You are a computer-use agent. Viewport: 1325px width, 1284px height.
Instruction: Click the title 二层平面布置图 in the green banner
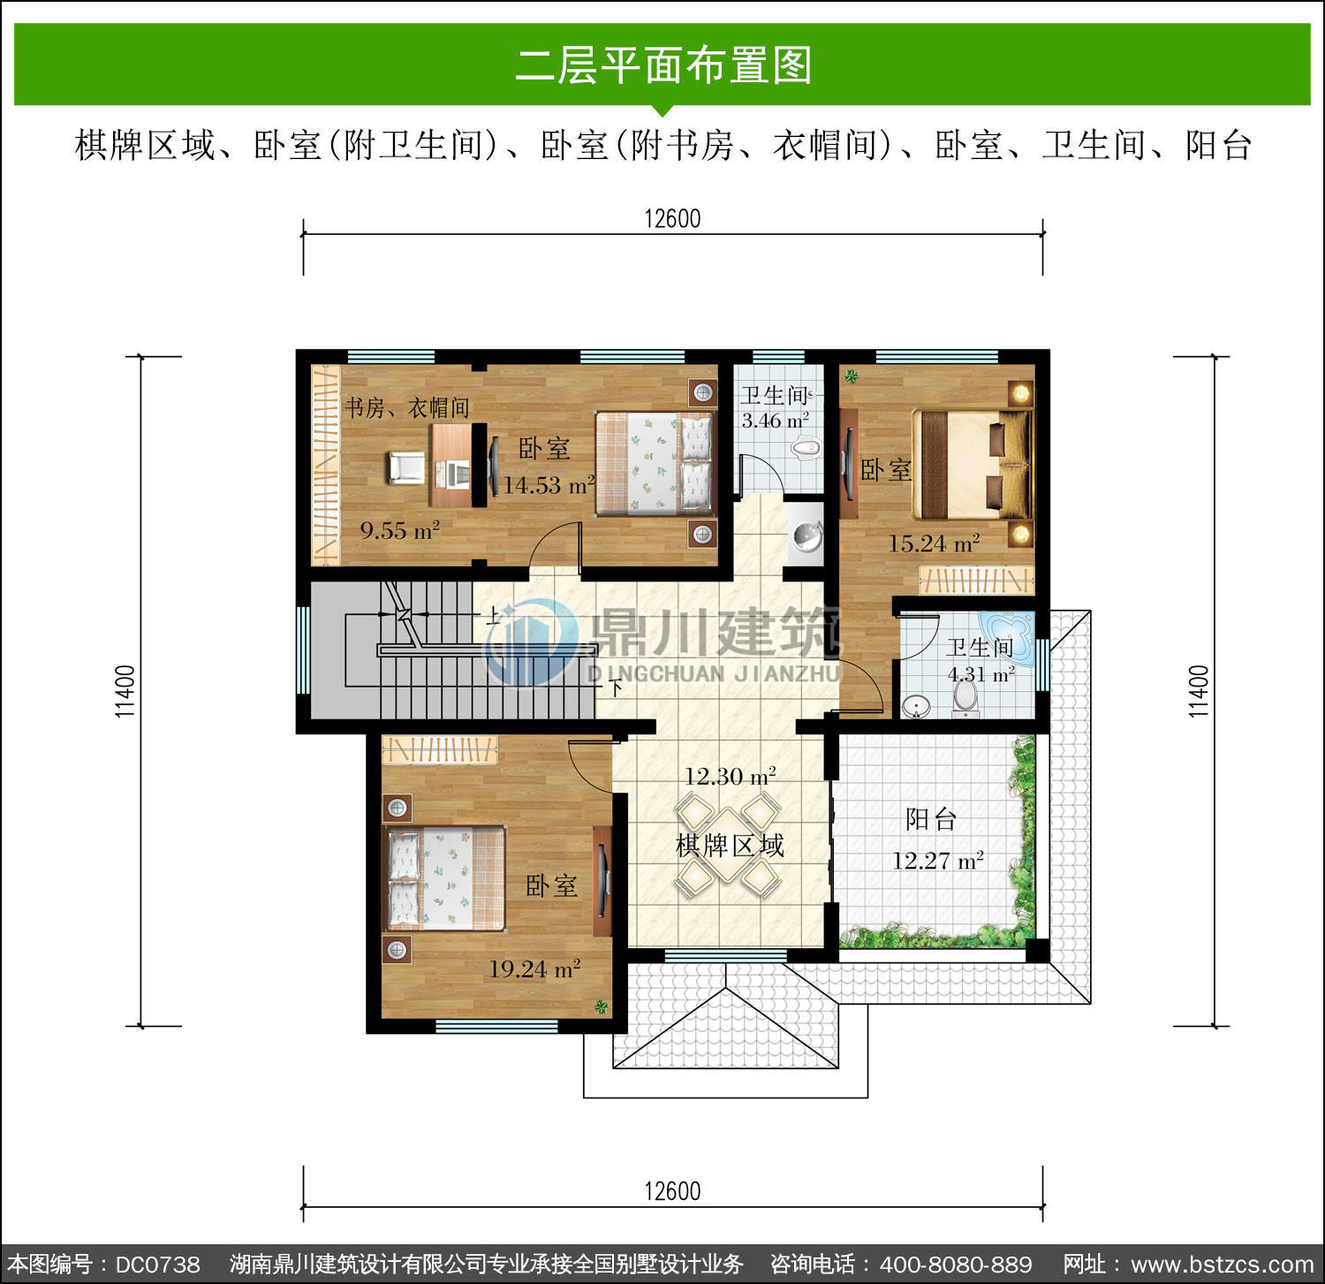pos(662,65)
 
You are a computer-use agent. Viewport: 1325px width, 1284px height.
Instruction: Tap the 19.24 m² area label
pos(534,969)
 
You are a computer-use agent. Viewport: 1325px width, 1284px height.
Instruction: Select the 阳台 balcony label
pos(931,819)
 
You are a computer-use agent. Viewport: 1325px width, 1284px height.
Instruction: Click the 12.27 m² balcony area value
pos(937,861)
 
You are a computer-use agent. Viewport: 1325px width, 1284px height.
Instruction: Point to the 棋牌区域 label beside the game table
pos(730,846)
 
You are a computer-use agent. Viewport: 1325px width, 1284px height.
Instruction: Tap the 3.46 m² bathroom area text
pos(775,421)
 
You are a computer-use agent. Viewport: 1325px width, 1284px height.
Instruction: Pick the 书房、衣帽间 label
pos(406,407)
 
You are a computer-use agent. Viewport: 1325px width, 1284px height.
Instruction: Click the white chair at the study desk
pos(407,467)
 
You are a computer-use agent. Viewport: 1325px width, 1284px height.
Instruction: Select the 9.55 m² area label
pos(399,531)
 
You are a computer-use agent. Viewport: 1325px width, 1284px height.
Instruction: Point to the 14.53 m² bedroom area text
pos(549,485)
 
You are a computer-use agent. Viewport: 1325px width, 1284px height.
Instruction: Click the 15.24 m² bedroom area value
pos(934,543)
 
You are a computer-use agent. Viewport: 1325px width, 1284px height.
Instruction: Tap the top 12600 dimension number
pos(672,218)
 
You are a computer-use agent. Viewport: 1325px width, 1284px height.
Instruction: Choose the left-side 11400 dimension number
pos(125,691)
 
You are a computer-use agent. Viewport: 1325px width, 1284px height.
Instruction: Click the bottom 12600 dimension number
pos(672,1190)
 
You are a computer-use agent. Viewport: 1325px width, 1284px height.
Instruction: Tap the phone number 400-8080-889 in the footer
pos(956,1265)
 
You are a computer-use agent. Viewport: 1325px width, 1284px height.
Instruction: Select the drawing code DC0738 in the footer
pos(158,1265)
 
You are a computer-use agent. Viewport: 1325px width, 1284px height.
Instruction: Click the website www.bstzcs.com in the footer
pos(1223,1265)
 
